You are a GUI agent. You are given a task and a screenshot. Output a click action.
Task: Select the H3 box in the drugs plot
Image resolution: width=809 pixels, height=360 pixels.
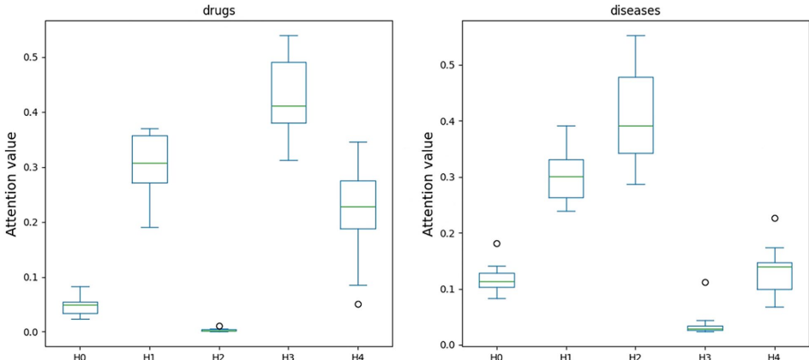[x=289, y=93]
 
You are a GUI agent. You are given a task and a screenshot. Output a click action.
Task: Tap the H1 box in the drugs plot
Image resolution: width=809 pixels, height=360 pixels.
[x=150, y=159]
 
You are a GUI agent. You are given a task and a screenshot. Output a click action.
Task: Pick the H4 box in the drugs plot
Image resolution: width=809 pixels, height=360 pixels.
[x=358, y=205]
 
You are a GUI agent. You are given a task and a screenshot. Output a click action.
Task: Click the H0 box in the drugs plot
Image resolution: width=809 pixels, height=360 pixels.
[x=81, y=308]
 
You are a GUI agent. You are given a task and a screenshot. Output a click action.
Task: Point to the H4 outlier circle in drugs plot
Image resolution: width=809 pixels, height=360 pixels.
[x=358, y=304]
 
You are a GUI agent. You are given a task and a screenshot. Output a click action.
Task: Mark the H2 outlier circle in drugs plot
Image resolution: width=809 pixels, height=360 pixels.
[x=219, y=327]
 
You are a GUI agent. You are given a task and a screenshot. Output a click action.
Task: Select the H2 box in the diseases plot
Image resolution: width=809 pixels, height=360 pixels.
[x=635, y=115]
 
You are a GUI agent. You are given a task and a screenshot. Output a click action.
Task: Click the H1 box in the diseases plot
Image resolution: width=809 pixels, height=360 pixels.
[x=566, y=178]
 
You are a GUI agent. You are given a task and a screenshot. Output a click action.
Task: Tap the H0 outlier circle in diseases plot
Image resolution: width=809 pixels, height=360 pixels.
[x=496, y=243]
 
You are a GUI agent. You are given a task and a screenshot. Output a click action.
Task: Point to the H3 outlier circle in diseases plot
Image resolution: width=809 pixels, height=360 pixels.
[x=704, y=282]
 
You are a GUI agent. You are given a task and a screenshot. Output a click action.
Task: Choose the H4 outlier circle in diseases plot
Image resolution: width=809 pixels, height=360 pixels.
[x=774, y=219]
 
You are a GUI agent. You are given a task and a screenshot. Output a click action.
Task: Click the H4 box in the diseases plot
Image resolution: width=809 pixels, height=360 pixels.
[x=774, y=276]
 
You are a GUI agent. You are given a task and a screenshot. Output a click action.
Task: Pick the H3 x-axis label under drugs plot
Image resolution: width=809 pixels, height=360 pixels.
[x=289, y=353]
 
